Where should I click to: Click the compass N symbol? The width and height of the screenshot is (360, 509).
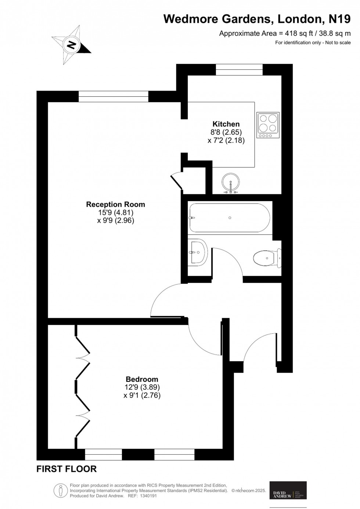72,45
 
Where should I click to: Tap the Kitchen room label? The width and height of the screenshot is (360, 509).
226,124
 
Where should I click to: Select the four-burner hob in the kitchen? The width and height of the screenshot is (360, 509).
268,125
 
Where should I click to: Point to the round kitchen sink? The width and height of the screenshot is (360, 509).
230,182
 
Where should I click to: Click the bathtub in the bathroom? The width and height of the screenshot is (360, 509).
230,218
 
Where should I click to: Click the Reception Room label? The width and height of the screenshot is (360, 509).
115,204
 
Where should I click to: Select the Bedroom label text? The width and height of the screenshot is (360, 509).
142,379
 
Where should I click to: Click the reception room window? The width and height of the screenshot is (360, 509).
114,96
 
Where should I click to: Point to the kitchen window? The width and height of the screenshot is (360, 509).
239,69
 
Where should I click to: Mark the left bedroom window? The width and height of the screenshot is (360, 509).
103,455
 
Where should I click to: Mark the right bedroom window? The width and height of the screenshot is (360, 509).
174,455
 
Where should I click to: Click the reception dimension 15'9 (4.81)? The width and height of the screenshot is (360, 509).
115,212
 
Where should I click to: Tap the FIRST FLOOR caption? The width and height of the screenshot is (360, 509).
66,469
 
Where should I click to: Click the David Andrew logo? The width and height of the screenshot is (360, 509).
288,490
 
